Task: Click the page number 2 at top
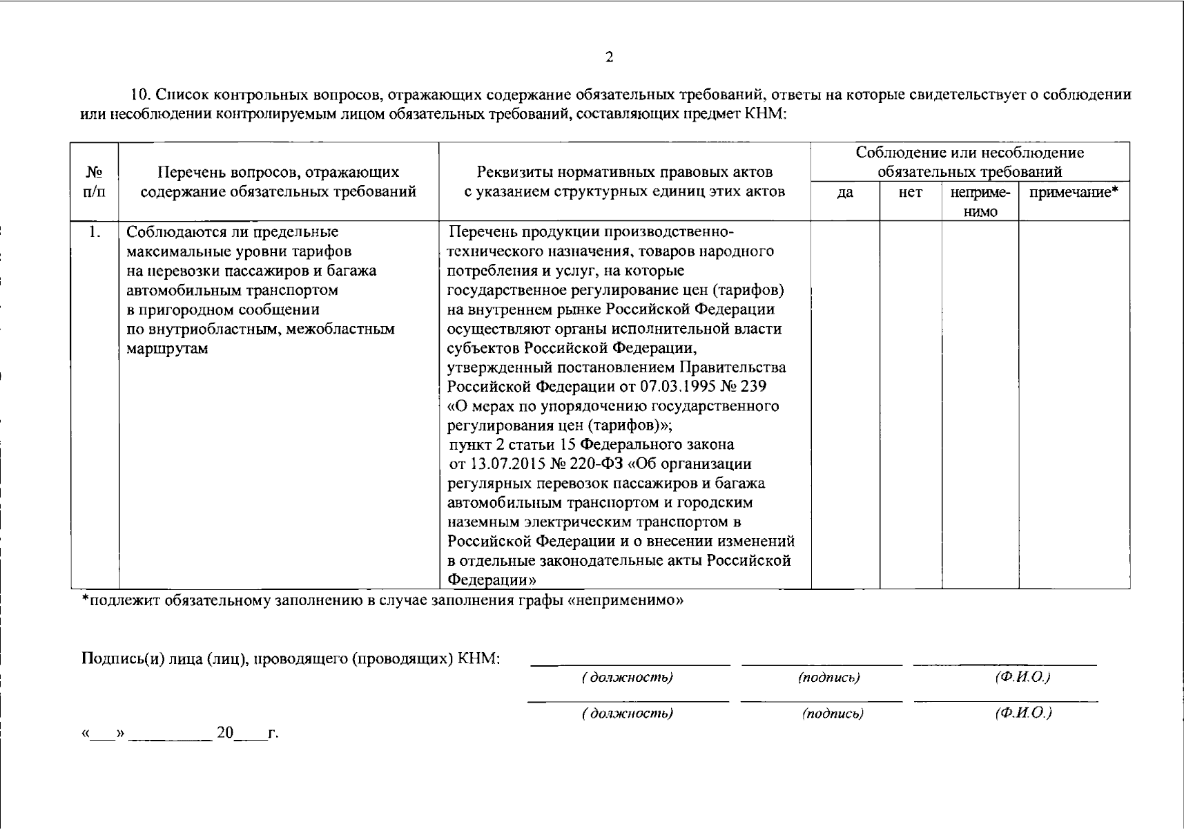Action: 609,58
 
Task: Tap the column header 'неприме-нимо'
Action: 980,202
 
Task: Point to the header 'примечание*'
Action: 1074,193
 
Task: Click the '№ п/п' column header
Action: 95,182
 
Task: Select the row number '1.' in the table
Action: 95,232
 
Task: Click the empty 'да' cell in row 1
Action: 845,404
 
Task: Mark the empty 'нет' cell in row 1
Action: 911,404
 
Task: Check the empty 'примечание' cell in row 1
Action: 1074,404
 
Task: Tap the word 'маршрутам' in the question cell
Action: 168,348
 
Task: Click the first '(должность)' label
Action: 627,678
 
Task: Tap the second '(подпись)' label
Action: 832,714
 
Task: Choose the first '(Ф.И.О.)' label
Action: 1022,678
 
